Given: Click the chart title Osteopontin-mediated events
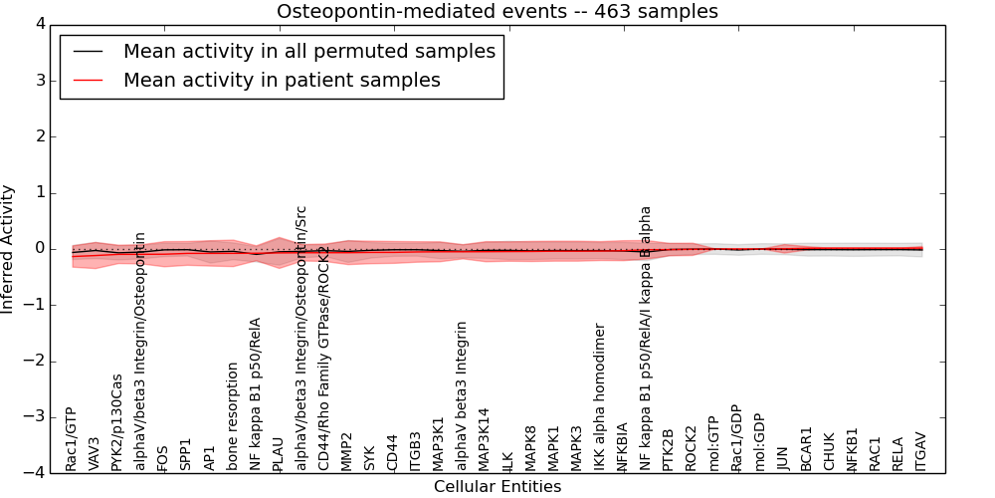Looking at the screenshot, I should (x=497, y=11).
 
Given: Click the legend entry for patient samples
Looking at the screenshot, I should (x=282, y=80).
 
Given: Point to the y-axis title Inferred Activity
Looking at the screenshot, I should (x=9, y=249).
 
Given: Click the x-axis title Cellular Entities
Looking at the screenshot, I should (x=497, y=487).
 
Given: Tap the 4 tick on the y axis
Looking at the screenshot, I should (x=40, y=24).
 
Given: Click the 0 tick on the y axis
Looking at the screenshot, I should (x=40, y=249).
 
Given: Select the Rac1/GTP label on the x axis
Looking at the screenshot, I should (x=72, y=438).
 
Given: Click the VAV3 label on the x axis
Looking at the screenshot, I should (x=95, y=453).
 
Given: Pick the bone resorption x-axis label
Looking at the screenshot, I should (x=232, y=416).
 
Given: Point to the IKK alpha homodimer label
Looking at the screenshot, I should (x=599, y=396).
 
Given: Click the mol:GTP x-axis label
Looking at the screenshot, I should (x=713, y=444).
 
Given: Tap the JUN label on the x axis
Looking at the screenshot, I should (x=782, y=456).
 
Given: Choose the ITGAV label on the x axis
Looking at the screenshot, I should (x=920, y=450).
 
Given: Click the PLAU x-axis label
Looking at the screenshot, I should (x=278, y=453).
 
